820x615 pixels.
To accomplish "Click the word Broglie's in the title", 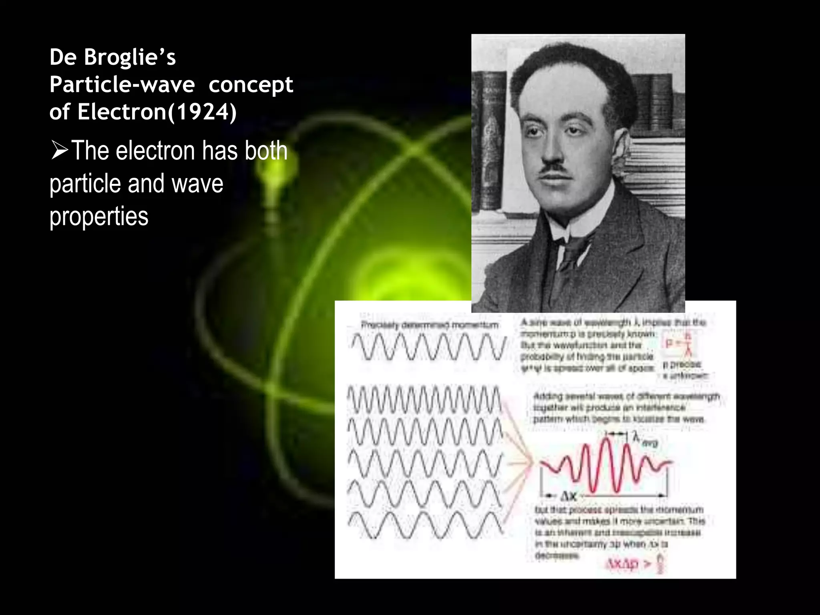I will click(x=130, y=57).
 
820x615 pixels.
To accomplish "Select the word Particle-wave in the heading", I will click(x=122, y=85).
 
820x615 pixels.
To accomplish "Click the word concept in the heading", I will click(x=251, y=85).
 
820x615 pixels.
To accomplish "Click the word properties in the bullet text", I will click(x=99, y=217).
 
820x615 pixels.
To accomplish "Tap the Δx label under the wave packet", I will click(x=568, y=496).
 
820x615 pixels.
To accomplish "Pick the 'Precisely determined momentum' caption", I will click(x=430, y=325).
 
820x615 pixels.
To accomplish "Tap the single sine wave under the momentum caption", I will click(x=428, y=346).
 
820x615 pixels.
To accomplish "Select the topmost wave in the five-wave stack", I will click(x=424, y=399).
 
